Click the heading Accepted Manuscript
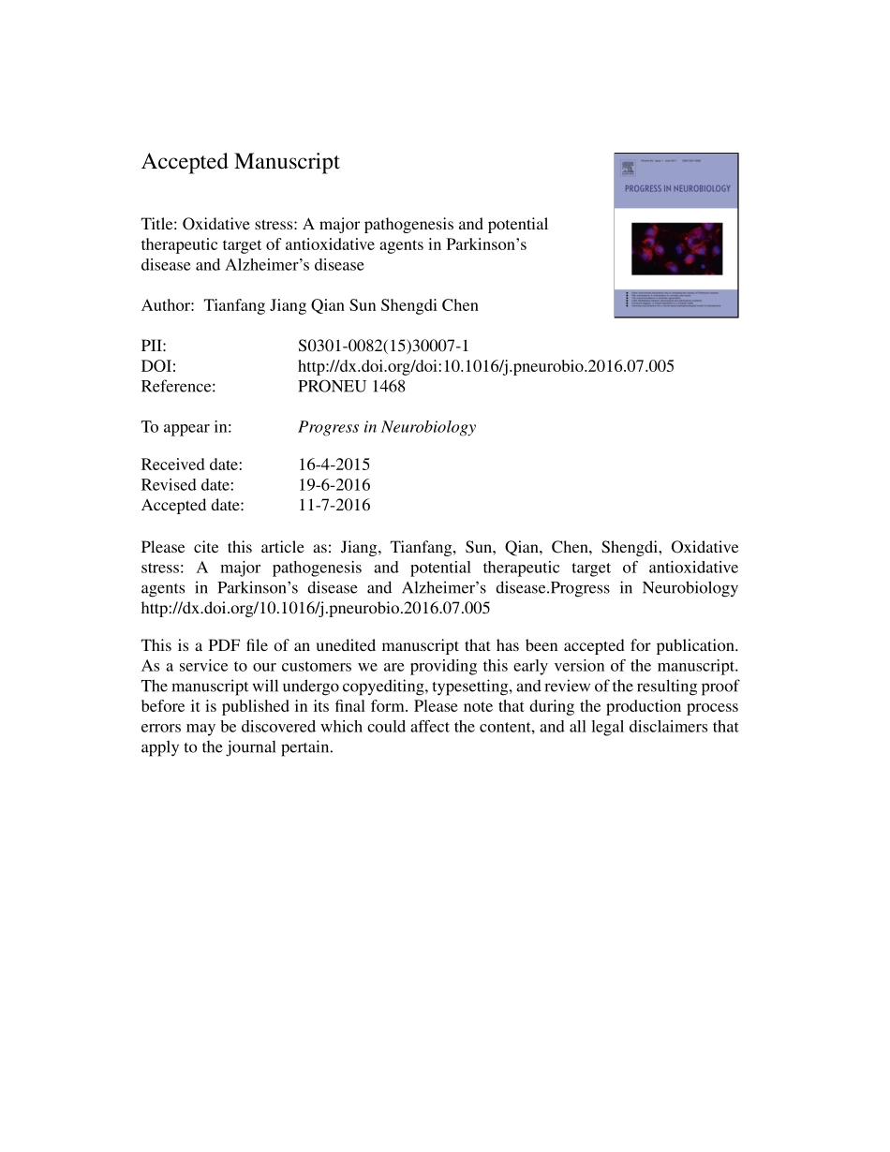click(240, 162)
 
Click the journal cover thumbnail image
click(675, 235)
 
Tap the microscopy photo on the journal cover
click(675, 248)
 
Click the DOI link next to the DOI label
click(485, 366)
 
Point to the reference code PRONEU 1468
click(351, 386)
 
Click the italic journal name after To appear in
click(386, 427)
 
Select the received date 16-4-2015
click(334, 465)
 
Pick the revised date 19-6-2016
click(334, 485)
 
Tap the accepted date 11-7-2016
click(334, 505)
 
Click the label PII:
click(154, 347)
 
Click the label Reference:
click(178, 386)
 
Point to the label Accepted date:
click(192, 505)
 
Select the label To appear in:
click(186, 427)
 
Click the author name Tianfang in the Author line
click(234, 305)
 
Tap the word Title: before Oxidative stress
click(159, 225)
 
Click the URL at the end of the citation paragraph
click(315, 608)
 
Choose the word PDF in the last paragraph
click(225, 645)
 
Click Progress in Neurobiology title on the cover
click(676, 188)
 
